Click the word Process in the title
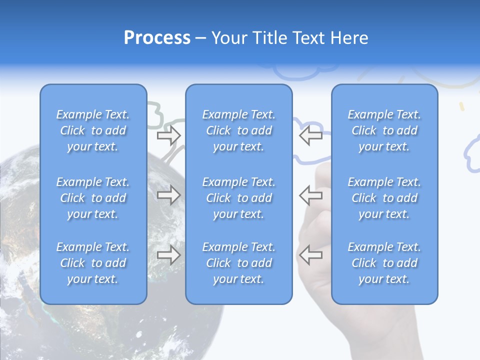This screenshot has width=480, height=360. coord(157,38)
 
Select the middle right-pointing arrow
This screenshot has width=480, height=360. coord(168,195)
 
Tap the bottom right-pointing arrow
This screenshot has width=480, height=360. coord(168,255)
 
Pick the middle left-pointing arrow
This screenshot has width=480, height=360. coord(310,195)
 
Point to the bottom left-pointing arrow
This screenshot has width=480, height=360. coord(310,255)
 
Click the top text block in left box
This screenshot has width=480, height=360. coord(93,130)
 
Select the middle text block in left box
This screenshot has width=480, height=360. coord(93,198)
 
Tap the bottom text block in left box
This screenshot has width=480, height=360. coord(93,263)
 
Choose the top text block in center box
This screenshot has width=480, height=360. coord(238,130)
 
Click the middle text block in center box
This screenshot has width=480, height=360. coord(238,198)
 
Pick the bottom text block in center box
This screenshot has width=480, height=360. coord(238,263)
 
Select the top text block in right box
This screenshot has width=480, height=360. coord(384,130)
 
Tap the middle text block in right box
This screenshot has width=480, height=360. coord(384,198)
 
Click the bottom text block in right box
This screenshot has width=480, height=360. coord(384,263)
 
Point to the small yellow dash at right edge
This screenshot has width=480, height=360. coord(462,106)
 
